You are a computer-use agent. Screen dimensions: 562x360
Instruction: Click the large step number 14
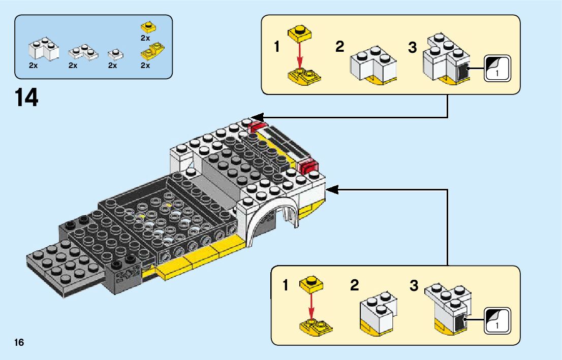click(26, 97)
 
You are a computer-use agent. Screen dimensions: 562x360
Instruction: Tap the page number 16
click(19, 342)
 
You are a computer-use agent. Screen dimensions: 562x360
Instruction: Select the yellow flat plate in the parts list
click(149, 27)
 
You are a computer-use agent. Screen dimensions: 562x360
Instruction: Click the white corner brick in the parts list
click(44, 49)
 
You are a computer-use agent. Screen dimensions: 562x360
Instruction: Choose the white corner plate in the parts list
click(83, 52)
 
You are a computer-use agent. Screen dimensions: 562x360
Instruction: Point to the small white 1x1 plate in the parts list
click(115, 54)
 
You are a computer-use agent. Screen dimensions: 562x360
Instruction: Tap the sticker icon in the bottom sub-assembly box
click(497, 321)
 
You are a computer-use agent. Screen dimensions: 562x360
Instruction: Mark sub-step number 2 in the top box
click(340, 47)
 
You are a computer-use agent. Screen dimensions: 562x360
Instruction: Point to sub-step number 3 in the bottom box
click(414, 285)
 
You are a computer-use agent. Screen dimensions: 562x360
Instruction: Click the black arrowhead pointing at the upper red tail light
click(257, 117)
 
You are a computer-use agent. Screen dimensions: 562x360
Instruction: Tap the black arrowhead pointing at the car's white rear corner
click(332, 189)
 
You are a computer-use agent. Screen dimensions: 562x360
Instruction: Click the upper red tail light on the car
click(257, 126)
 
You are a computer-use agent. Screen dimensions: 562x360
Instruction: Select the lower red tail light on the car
click(308, 166)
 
